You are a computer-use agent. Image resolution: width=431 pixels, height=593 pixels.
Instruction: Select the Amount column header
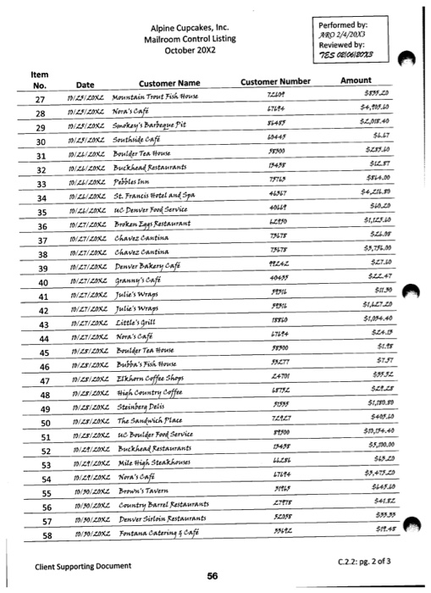coord(356,80)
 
